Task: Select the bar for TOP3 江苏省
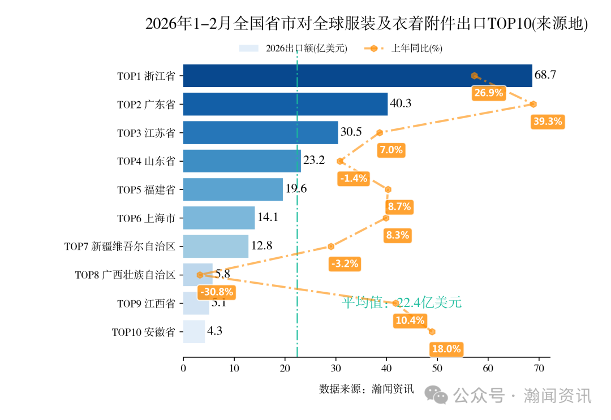pos(260,132)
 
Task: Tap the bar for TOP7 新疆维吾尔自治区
pos(216,246)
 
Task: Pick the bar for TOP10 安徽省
pos(194,332)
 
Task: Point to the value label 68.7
pos(545,76)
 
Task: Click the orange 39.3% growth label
pos(548,122)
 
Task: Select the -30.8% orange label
pos(216,292)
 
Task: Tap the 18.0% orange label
pos(446,349)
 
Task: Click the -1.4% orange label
pos(354,179)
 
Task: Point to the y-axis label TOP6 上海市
pos(146,218)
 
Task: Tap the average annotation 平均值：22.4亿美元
pos(402,303)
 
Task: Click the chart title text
pos(367,24)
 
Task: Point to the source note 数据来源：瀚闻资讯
pos(366,389)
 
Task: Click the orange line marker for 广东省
pos(533,104)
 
